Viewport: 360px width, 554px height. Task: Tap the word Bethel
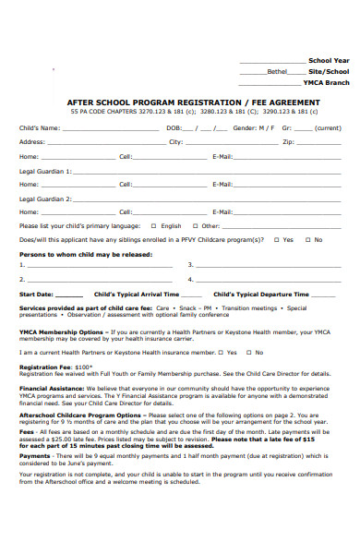tap(277, 71)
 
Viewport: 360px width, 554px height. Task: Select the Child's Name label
tap(41, 127)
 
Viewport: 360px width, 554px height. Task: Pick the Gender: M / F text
tap(253, 127)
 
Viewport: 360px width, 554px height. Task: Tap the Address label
tap(32, 142)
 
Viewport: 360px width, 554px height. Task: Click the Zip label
tap(288, 142)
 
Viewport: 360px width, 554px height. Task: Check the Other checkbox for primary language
tap(196, 225)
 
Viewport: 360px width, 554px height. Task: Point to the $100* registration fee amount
tap(86, 367)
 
